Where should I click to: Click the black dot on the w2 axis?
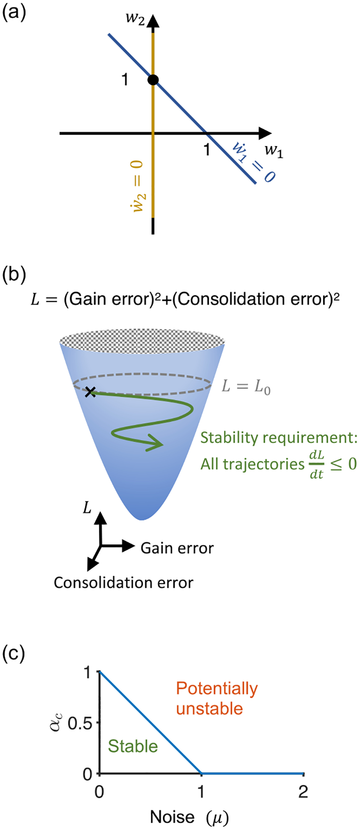153,80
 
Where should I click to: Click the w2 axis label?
135,20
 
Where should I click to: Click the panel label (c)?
14,653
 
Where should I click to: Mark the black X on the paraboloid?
90,392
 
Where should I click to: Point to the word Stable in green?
133,746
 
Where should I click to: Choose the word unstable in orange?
209,708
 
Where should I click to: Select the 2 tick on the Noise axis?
303,792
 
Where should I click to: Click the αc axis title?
55,722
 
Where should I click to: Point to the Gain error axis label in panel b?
177,548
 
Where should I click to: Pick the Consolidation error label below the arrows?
124,583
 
